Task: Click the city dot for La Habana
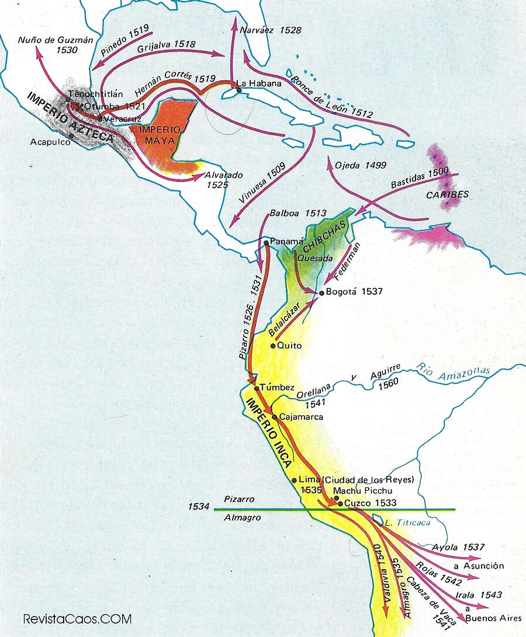coord(238,89)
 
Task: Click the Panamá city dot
coord(266,242)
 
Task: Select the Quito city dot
coord(272,346)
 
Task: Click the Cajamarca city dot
coord(274,417)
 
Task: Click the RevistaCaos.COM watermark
coord(77,618)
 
